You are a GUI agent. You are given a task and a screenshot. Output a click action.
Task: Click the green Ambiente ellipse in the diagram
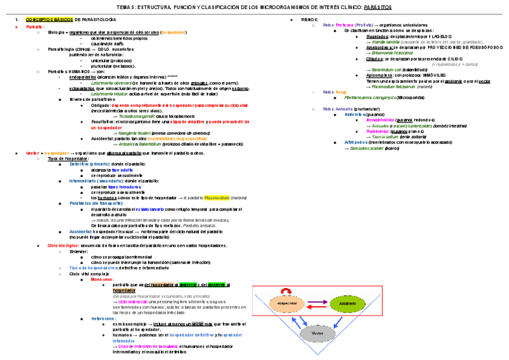tap(348, 304)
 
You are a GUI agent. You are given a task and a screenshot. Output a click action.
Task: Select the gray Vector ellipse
tap(318, 332)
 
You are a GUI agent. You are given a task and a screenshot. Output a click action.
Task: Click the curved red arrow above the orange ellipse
tap(286, 290)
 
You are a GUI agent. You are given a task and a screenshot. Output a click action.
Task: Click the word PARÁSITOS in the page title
tap(378, 7)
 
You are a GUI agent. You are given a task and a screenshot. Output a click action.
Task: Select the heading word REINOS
tap(310, 20)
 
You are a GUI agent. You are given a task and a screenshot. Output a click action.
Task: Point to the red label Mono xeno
tap(102, 279)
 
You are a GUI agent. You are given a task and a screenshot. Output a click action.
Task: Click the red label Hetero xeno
tap(103, 319)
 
